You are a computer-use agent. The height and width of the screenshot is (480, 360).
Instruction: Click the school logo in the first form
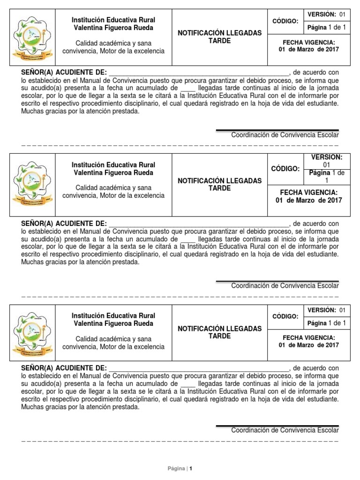[32, 37]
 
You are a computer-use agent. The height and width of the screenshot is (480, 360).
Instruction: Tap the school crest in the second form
[32, 185]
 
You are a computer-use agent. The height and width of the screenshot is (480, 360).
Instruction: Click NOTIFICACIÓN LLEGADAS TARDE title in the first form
[219, 37]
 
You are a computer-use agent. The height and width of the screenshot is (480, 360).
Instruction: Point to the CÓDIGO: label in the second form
[285, 168]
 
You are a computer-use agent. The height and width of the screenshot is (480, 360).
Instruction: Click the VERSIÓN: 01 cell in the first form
[326, 15]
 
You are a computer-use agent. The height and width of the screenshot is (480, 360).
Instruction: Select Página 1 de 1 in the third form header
[326, 323]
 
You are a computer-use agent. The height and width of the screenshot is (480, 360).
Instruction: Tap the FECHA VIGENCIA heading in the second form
[308, 192]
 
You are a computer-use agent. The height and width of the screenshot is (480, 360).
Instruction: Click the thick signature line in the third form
[277, 426]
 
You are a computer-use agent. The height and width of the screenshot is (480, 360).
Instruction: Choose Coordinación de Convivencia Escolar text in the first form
[285, 135]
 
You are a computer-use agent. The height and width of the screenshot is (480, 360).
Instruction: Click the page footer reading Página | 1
[180, 468]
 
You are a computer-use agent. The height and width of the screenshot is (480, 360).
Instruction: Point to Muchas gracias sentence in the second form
[80, 262]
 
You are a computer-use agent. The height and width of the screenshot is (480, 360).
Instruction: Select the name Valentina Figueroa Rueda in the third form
[113, 323]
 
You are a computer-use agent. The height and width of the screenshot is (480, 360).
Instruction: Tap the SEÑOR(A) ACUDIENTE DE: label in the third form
[64, 368]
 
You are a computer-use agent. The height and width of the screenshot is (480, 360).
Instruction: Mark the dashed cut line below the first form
[180, 145]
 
